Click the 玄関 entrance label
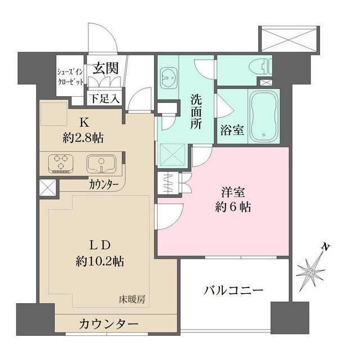pos(105,69)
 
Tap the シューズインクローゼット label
pos(70,76)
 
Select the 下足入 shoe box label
pos(106,99)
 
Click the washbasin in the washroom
pos(168,74)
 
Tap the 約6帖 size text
pos(232,207)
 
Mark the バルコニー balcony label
pos(234,290)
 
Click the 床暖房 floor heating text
pos(132,299)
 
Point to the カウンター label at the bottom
pos(109,325)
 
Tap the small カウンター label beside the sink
pos(103,184)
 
